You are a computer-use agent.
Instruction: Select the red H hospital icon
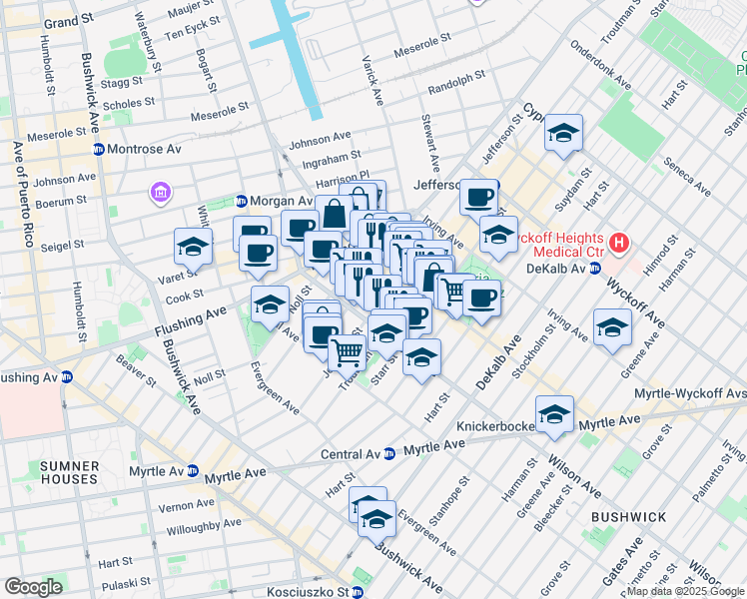619,242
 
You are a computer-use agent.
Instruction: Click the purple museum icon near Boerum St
159,191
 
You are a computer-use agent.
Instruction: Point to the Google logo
33,587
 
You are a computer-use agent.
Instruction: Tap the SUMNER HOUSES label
70,473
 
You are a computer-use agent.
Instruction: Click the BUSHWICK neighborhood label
627,516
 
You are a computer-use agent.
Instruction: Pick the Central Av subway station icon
388,454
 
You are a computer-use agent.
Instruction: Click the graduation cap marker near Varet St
193,247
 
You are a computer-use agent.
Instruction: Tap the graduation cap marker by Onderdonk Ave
563,134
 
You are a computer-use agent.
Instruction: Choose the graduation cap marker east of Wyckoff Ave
612,327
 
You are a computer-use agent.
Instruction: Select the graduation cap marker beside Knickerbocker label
554,413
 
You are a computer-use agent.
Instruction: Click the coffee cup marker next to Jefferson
479,196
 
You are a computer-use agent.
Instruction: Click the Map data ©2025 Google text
684,591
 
